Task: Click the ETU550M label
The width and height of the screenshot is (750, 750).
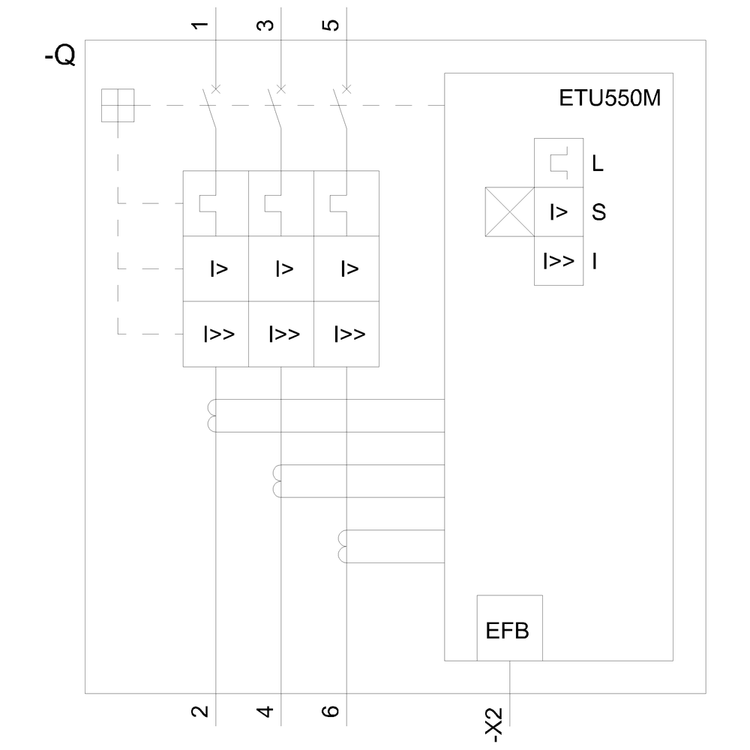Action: click(610, 98)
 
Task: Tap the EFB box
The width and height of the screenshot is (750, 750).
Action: click(508, 628)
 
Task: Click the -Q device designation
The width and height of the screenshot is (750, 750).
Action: click(60, 57)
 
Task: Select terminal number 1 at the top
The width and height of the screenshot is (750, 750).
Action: click(199, 25)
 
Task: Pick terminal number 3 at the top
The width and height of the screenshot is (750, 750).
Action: click(265, 25)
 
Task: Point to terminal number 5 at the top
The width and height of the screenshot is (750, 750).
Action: click(331, 25)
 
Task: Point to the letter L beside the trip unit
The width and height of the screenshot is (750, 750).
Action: click(598, 163)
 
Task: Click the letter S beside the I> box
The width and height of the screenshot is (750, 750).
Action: click(598, 212)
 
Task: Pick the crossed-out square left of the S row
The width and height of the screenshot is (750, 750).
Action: click(509, 212)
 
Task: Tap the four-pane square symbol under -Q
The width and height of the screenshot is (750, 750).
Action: click(118, 105)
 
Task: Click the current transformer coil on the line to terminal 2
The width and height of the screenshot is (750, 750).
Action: click(211, 416)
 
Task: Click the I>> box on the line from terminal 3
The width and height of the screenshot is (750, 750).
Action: click(281, 334)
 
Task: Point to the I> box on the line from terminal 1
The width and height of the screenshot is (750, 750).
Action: click(216, 268)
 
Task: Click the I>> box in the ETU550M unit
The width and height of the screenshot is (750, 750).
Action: click(559, 261)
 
